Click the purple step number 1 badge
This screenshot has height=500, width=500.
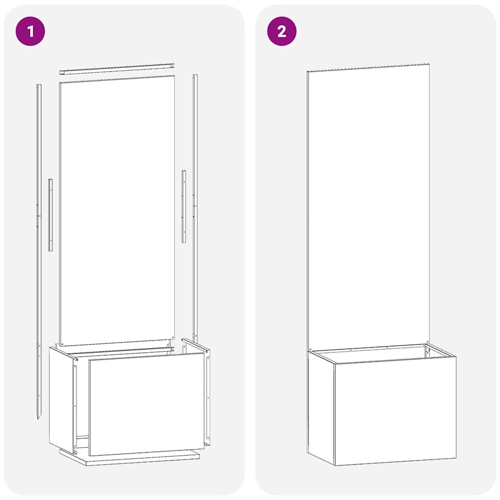click(30, 31)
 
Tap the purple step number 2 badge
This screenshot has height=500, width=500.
click(282, 31)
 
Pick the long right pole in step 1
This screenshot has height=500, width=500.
click(195, 205)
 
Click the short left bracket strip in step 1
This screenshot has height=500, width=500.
click(50, 215)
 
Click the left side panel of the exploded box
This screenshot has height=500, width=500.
click(61, 396)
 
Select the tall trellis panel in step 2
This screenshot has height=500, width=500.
click(369, 205)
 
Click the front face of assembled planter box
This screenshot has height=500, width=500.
click(396, 410)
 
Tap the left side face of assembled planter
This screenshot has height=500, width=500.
click(321, 408)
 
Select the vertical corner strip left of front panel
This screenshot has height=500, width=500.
click(75, 400)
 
